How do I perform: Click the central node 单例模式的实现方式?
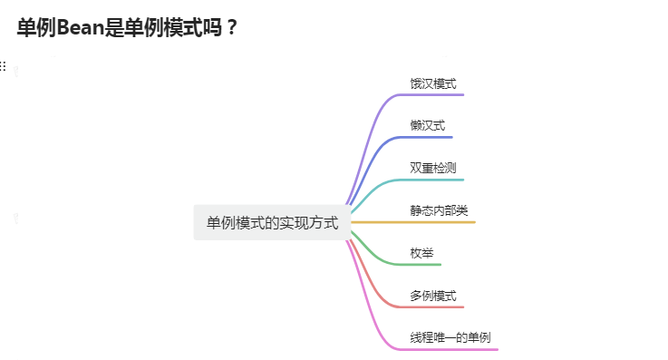coord(272,222)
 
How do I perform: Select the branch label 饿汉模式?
coord(433,83)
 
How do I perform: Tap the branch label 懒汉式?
coord(427,126)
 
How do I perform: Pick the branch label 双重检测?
coord(433,168)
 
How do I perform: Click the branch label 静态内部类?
coord(439,210)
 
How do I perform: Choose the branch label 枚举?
coord(421,253)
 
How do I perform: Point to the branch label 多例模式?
coord(433,296)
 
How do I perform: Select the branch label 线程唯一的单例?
coord(450,337)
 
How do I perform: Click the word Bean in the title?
coord(81,28)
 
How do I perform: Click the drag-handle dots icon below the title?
coord(3,66)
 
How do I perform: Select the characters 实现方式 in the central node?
coord(312,222)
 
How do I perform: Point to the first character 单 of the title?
coord(26,28)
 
